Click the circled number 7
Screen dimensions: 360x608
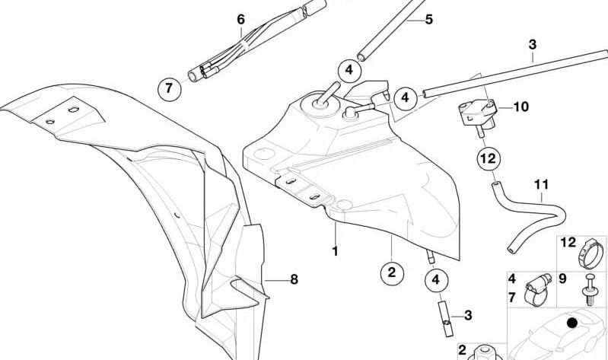pos(170,89)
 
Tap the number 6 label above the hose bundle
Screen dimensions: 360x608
pos(240,18)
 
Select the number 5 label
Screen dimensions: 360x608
pos(429,18)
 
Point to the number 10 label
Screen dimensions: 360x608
pos(520,107)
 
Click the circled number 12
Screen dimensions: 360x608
pos(488,159)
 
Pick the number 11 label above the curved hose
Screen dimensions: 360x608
pos(541,185)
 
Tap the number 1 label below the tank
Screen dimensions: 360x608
pos(333,250)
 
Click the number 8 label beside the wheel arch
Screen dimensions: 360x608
pos(294,279)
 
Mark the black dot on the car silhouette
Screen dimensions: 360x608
pos(572,323)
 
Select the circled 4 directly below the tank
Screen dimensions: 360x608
pos(436,280)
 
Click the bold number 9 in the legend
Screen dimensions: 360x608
pos(563,279)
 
